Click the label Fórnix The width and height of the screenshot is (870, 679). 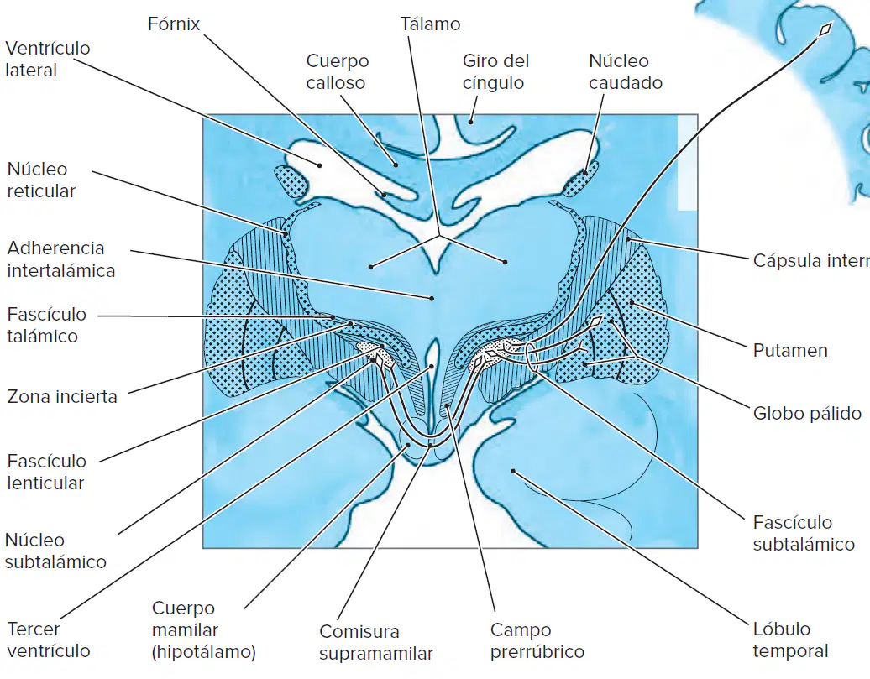pos(174,24)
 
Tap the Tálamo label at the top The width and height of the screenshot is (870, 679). pos(430,24)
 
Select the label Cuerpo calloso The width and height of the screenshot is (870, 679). pos(338,71)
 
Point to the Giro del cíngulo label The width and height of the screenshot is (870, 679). pos(495,71)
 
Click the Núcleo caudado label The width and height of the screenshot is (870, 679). pos(626,71)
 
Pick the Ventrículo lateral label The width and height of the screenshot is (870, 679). pos(48,59)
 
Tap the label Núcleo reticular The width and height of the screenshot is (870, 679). pos(41,180)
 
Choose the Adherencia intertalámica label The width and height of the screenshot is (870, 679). pos(61,259)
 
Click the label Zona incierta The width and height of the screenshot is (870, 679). pos(62,397)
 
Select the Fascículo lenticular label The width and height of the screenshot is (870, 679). pos(47,472)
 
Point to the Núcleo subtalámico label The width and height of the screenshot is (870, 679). pos(55,551)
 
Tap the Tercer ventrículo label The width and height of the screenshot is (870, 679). pos(48,640)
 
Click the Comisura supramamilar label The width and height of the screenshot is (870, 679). pos(375,642)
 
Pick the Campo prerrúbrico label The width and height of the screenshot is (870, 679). pos(537,640)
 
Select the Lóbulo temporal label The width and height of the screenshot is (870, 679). pos(791,640)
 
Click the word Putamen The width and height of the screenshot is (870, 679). pos(790,351)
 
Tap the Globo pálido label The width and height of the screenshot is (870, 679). pos(807,413)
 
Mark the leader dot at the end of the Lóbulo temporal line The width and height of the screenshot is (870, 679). pos(513,472)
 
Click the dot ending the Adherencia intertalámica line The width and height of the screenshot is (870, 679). pos(432,299)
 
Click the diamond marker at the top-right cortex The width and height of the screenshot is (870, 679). pos(825,29)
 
